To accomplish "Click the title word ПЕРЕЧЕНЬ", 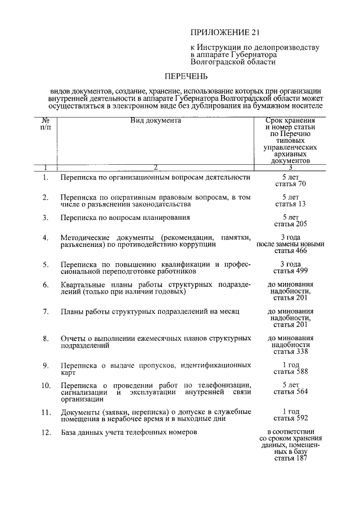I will (186, 75).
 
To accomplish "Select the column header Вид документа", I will (156, 120).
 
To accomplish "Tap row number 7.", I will (46, 311).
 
